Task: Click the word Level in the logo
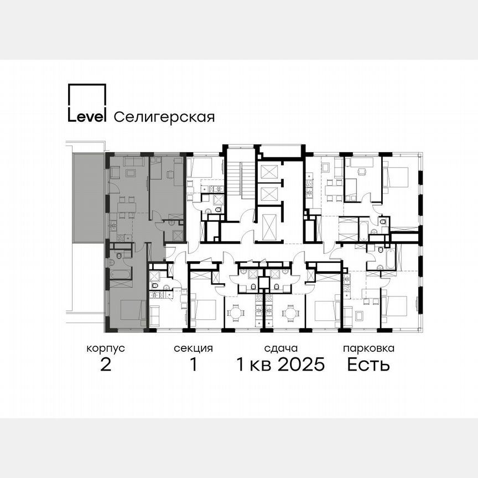click(x=87, y=117)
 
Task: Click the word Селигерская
click(x=164, y=117)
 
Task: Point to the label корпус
click(x=106, y=349)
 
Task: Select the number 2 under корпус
click(x=106, y=365)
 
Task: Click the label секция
click(x=193, y=349)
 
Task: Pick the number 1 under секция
click(x=193, y=365)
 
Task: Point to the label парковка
click(x=368, y=349)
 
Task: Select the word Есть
click(x=368, y=365)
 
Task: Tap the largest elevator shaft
click(x=268, y=226)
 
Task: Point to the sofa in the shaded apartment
click(x=133, y=162)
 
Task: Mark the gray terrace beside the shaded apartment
click(x=89, y=199)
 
